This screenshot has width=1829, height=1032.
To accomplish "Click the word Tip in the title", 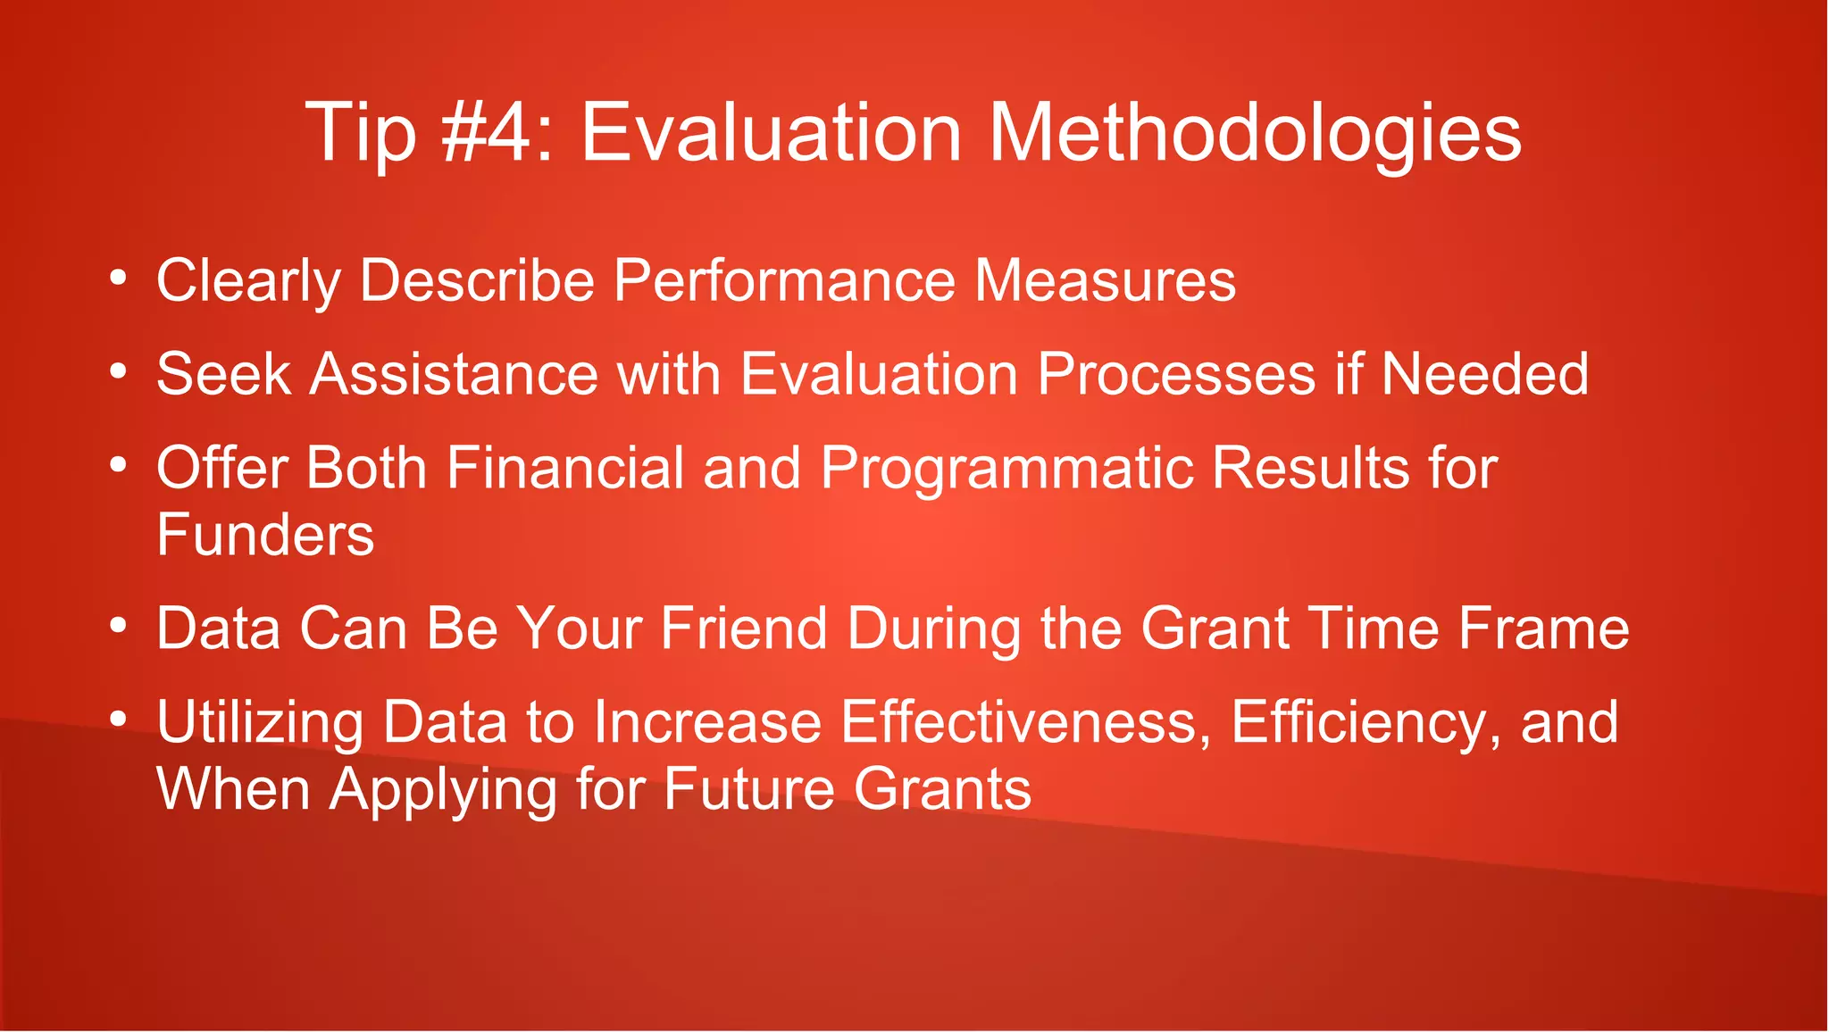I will [x=361, y=134].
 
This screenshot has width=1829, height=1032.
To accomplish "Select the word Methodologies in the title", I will [x=1254, y=134].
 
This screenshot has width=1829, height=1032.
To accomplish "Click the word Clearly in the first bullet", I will [x=248, y=282].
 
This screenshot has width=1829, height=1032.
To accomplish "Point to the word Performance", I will [x=784, y=280].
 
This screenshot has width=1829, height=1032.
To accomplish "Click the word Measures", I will [x=1105, y=280].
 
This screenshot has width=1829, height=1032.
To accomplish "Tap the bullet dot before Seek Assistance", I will [x=119, y=371].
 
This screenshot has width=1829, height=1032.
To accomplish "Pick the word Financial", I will [x=564, y=468].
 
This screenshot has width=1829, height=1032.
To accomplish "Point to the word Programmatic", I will [x=1006, y=470].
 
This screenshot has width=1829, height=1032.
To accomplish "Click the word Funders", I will [x=265, y=536].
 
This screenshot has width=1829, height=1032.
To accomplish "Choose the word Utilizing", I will [x=260, y=723].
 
